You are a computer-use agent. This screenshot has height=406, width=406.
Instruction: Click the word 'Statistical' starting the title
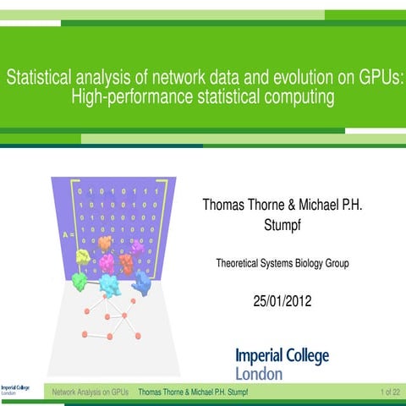point(38,79)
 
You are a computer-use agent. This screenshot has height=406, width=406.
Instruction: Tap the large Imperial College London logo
point(281,364)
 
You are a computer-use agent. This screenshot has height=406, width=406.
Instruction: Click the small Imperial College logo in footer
point(15,390)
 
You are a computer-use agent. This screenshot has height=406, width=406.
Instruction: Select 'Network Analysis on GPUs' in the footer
point(91,392)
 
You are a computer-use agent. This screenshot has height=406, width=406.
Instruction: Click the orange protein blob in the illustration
point(105,244)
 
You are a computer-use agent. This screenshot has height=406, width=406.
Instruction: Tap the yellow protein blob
point(82,255)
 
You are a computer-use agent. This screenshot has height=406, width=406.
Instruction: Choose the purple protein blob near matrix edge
point(136,246)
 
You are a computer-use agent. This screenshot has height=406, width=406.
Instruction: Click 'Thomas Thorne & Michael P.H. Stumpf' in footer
point(193,392)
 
